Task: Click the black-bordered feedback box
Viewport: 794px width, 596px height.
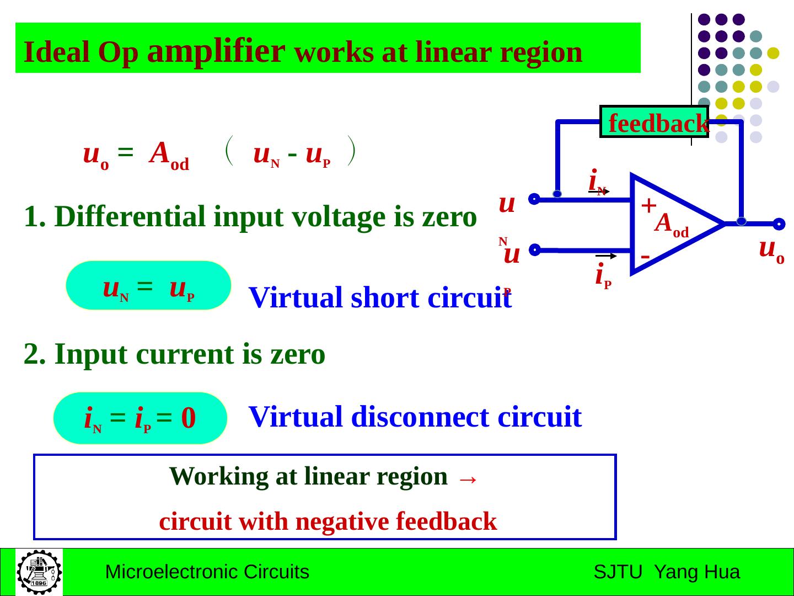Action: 654,121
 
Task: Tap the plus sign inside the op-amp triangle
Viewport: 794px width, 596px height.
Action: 649,205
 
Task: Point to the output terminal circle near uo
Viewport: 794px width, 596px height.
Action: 779,224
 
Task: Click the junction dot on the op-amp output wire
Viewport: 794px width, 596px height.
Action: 742,221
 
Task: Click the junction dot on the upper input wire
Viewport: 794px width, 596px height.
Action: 557,194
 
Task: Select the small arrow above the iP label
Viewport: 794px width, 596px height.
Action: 606,256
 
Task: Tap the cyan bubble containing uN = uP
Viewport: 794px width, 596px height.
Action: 148,285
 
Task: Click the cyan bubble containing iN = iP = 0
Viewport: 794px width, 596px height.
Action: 141,418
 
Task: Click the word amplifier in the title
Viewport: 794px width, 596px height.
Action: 216,52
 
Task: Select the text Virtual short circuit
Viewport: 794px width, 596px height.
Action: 380,298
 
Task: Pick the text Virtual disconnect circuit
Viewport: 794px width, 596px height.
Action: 415,417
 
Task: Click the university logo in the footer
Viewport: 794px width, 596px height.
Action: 39,572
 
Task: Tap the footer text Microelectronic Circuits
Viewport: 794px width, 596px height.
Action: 207,572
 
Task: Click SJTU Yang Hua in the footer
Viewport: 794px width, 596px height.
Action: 667,572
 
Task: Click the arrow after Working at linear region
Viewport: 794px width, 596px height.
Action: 467,478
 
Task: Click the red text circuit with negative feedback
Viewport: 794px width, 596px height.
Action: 328,521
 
